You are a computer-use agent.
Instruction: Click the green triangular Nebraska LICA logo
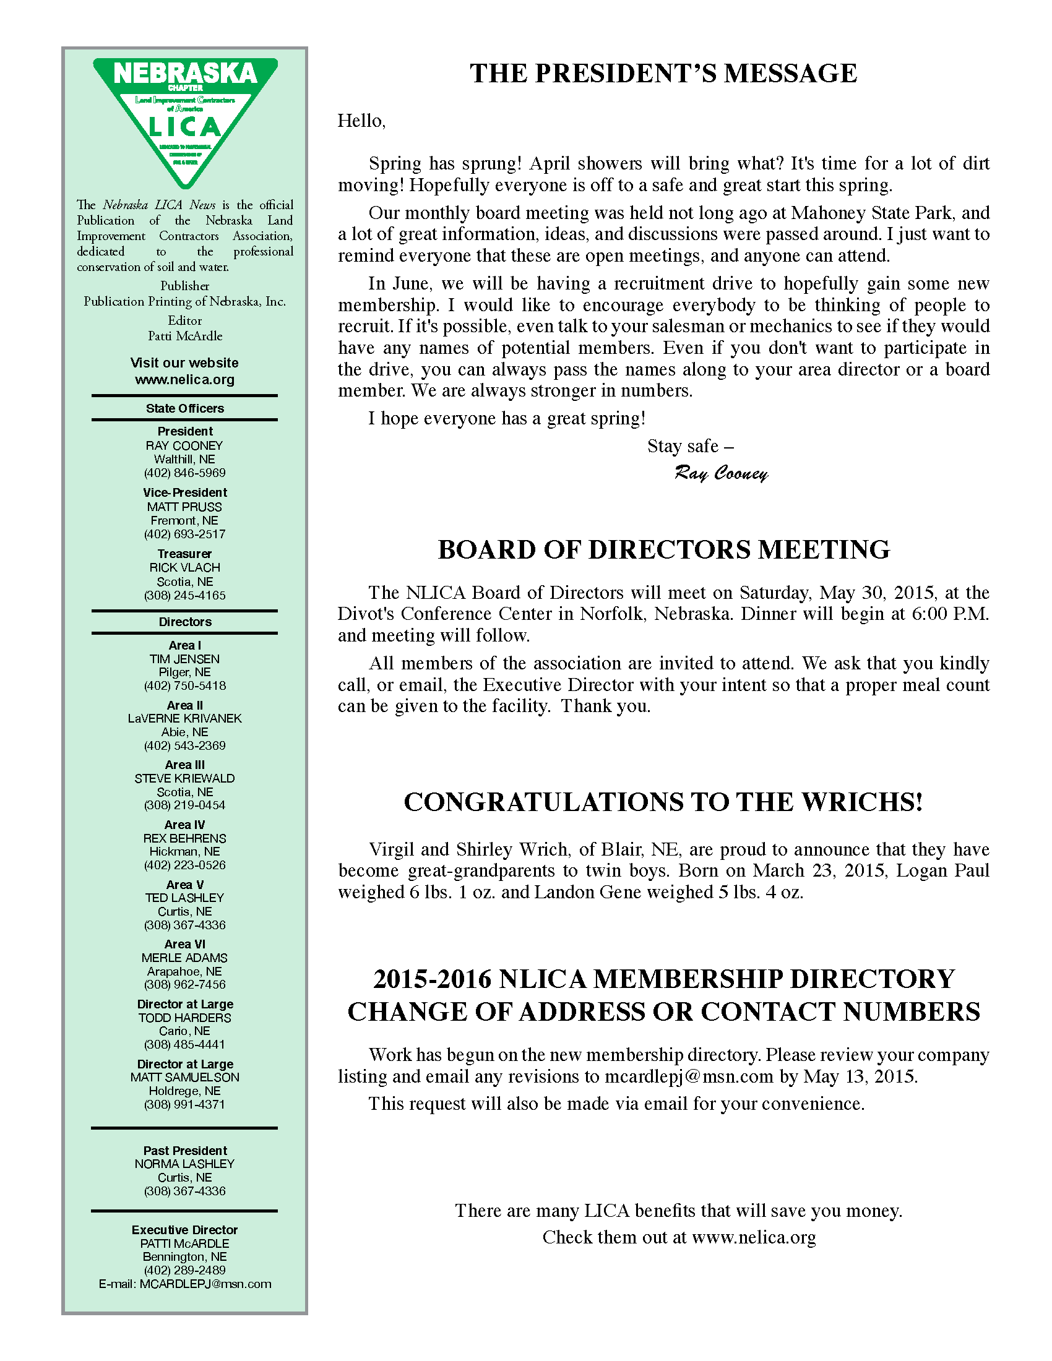[x=185, y=118]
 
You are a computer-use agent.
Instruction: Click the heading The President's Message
[x=663, y=74]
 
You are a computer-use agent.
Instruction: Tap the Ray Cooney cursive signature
[x=720, y=474]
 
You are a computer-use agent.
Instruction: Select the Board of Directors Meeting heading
[x=663, y=549]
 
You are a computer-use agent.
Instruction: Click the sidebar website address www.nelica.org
[x=184, y=379]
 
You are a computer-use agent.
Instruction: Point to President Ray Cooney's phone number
[x=184, y=473]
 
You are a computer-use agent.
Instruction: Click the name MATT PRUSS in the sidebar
[x=184, y=507]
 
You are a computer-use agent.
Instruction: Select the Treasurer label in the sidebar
[x=184, y=554]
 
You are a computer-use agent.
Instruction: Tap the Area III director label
[x=184, y=765]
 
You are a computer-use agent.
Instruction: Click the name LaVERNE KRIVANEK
[x=184, y=718]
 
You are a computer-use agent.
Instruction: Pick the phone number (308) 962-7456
[x=184, y=985]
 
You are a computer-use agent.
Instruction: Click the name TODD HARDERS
[x=184, y=1018]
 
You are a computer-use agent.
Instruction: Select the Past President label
[x=184, y=1151]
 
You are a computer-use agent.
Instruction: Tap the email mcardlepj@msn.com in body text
[x=689, y=1076]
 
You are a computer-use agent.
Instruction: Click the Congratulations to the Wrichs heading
[x=663, y=802]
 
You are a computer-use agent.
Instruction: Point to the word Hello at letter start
[x=361, y=121]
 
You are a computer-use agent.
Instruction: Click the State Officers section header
[x=184, y=408]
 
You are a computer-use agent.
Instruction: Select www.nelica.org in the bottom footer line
[x=754, y=1237]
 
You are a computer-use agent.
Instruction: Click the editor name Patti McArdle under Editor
[x=184, y=336]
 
